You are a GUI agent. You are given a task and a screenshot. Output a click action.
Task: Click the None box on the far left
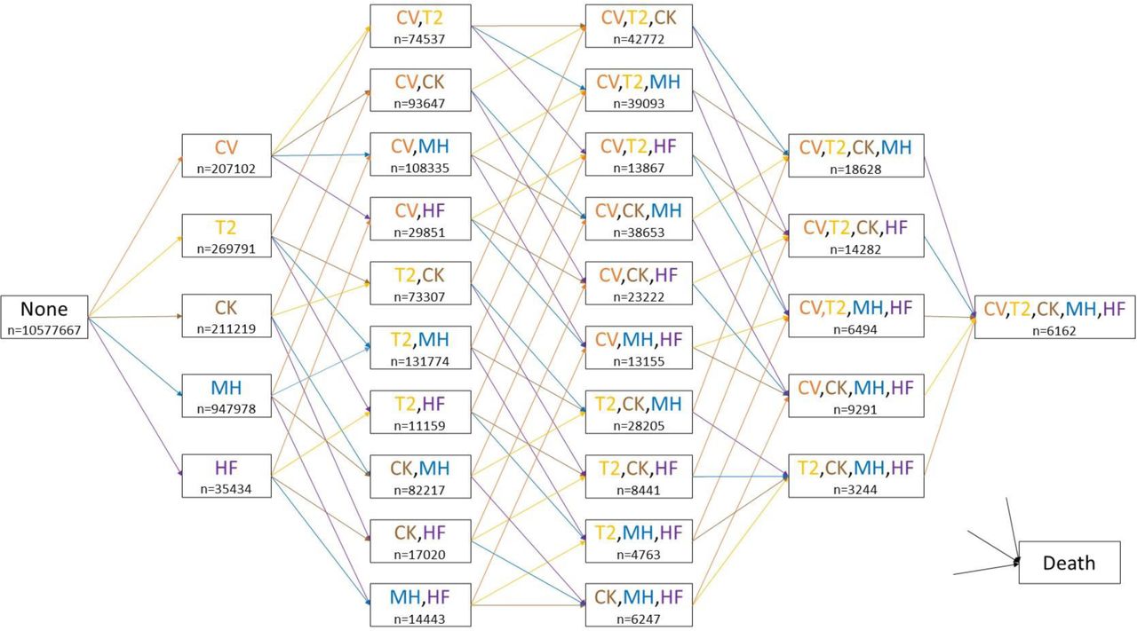(44, 317)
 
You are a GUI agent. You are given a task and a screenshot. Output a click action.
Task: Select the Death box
(1069, 563)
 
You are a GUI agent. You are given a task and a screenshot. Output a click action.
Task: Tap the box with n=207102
(227, 155)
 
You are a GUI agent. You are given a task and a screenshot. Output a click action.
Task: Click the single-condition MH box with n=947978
(227, 396)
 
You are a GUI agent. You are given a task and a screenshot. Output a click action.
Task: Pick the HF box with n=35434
(227, 476)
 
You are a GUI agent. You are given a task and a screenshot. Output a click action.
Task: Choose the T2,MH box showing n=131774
(420, 348)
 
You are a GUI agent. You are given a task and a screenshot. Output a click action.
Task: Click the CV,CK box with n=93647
(420, 90)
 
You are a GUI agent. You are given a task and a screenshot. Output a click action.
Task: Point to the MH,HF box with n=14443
(420, 604)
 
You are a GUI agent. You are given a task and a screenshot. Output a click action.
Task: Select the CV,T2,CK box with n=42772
(639, 26)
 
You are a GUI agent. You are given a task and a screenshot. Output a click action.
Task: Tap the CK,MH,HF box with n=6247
(639, 604)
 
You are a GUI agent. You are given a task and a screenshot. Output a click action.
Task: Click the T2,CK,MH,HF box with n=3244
(855, 476)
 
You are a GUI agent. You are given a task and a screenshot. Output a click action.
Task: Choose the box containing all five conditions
(1054, 317)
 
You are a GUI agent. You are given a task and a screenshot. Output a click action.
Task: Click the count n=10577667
(44, 330)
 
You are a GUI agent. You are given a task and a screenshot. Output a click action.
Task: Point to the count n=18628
(855, 169)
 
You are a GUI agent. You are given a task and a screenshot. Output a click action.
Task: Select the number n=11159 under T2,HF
(420, 426)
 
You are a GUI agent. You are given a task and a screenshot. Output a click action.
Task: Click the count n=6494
(855, 329)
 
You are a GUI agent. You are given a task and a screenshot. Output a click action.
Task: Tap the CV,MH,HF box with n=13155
(639, 348)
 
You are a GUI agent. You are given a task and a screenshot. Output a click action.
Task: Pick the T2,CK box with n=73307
(420, 283)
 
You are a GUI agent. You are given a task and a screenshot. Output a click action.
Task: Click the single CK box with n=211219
(227, 316)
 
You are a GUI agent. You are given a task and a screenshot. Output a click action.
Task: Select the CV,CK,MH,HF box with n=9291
(855, 396)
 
